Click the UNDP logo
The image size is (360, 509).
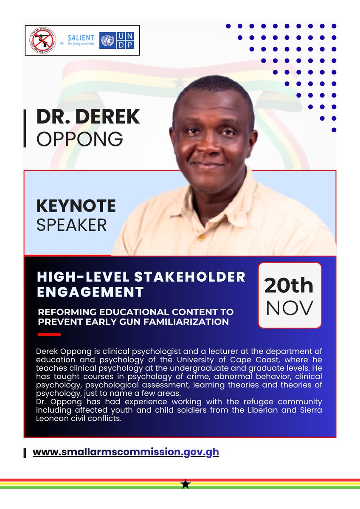point(117,40)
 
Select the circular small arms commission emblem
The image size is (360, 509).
point(42,40)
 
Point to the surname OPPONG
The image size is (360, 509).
point(80,138)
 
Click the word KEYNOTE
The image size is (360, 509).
point(76,206)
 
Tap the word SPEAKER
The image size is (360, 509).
point(71,225)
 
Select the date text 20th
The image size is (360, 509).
point(289,286)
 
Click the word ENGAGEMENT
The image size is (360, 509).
point(90,292)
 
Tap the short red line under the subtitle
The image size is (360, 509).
point(49,335)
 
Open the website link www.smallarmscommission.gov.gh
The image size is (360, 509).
point(126,452)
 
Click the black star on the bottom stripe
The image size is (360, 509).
point(185,484)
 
